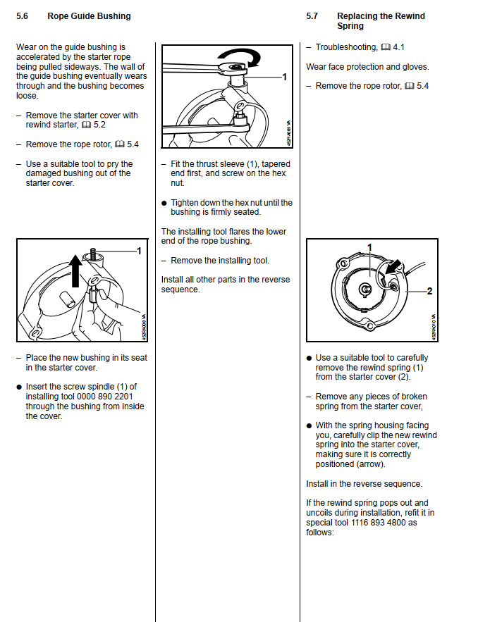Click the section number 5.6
pyautogui.click(x=23, y=16)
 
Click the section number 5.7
pyautogui.click(x=312, y=16)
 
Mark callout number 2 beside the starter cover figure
pyautogui.click(x=429, y=291)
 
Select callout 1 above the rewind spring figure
pyautogui.click(x=369, y=247)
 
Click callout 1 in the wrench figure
pyautogui.click(x=284, y=77)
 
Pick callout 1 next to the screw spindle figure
pyautogui.click(x=139, y=250)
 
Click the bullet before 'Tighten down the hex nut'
pyautogui.click(x=164, y=203)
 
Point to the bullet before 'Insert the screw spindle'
pyautogui.click(x=19, y=387)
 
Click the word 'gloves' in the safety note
pyautogui.click(x=415, y=67)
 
